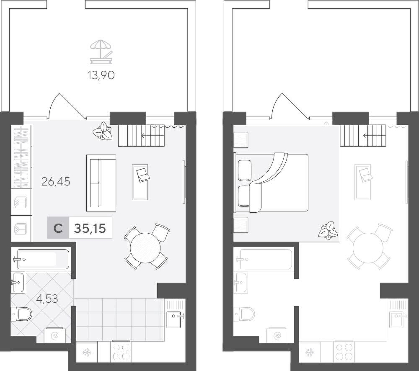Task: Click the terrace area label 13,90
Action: [101, 76]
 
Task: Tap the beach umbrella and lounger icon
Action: [101, 52]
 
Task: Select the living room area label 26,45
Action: [56, 182]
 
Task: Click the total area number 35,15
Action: [90, 228]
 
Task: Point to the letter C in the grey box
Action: [58, 228]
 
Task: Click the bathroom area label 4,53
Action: [47, 299]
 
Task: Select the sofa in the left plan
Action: [101, 183]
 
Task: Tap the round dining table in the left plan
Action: [146, 248]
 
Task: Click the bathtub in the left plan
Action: [43, 259]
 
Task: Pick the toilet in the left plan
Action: [21, 314]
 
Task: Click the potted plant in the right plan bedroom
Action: [328, 230]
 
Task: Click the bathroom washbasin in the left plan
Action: [18, 282]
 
